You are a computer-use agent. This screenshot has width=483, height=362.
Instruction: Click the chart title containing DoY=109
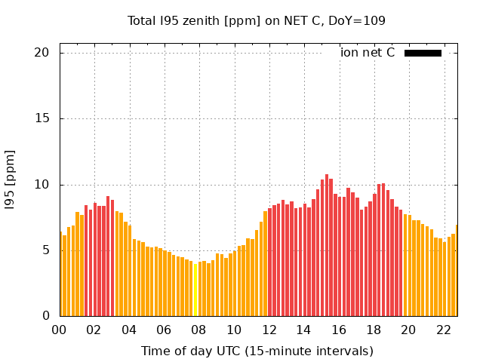pos(257,21)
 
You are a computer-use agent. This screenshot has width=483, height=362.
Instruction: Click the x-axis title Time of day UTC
pos(257,351)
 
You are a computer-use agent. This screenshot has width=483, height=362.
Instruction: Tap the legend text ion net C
pos(368,53)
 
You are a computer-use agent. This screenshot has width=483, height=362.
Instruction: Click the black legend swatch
pos(423,53)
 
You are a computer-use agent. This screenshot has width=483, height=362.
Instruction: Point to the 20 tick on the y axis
pos(42,53)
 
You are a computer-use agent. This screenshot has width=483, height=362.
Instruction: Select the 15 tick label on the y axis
pos(42,118)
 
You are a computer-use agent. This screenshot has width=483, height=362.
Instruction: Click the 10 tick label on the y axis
pos(42,185)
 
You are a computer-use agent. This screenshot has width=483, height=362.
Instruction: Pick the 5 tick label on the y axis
pos(45,250)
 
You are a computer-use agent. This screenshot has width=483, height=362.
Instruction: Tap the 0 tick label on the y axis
pos(45,316)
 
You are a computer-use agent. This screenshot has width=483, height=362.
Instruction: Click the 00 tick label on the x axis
pos(59,330)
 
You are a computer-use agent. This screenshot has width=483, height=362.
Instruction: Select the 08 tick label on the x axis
pos(199,330)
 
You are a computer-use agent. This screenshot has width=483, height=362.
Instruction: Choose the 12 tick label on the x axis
pos(269,330)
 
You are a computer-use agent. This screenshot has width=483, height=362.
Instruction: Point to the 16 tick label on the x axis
pos(339,330)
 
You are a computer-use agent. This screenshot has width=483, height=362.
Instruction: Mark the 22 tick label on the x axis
pos(444,330)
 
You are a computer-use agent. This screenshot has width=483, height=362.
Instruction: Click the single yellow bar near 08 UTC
pos(195,290)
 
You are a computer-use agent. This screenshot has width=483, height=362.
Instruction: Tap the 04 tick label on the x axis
pos(129,330)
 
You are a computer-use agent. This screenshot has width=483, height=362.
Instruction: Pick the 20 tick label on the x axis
pos(408,330)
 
